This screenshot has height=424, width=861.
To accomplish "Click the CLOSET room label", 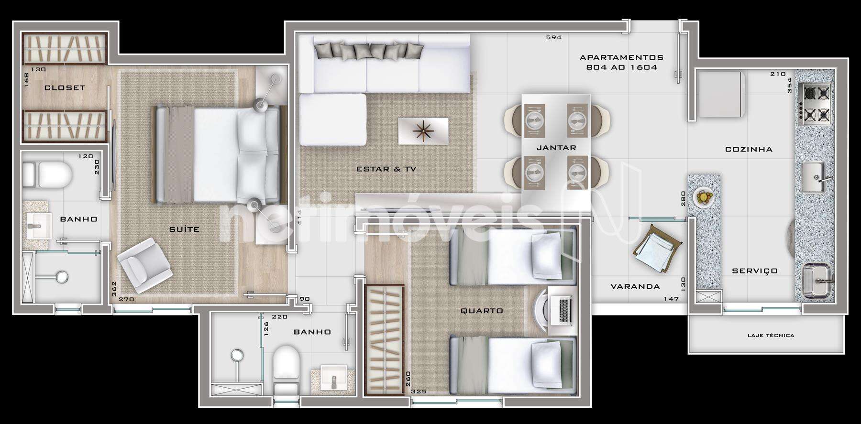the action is [65, 88].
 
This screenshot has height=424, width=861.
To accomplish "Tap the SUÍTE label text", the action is [184, 229].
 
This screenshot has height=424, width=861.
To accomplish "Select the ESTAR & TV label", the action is [386, 169].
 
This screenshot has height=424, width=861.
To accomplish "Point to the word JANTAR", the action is [556, 148].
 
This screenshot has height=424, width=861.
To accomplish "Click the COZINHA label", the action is [749, 149].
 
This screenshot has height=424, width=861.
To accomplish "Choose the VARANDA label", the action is [635, 287].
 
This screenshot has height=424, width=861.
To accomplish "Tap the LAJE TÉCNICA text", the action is [771, 336].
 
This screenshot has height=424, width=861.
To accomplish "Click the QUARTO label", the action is [482, 311].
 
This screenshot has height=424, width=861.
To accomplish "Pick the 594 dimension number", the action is [553, 37].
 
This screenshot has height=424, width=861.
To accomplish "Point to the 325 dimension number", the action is [419, 391].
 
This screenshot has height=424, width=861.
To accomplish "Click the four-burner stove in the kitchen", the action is [816, 105].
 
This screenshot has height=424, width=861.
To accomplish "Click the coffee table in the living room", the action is [423, 130].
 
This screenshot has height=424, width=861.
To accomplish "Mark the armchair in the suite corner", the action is [144, 265].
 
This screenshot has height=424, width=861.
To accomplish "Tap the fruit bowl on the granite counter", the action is [704, 197].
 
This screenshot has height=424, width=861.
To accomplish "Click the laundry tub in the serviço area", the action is [816, 281].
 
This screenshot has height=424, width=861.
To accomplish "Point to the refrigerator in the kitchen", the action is [720, 94].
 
